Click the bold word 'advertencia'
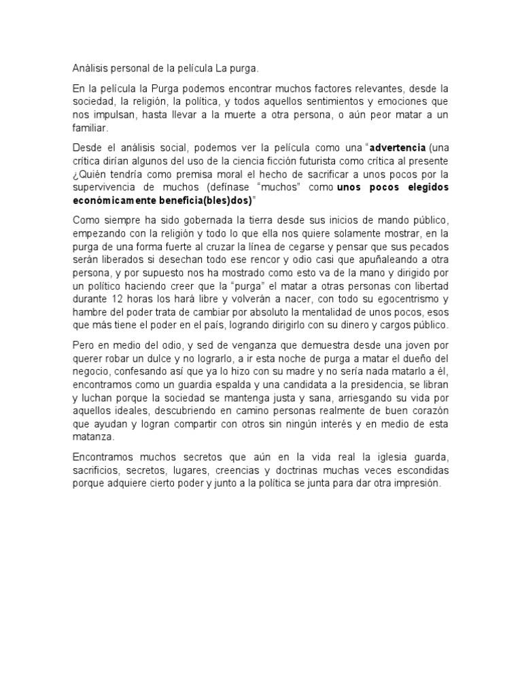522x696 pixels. [397, 147]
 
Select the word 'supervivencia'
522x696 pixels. [105, 187]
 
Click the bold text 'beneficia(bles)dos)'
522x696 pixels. [209, 201]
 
